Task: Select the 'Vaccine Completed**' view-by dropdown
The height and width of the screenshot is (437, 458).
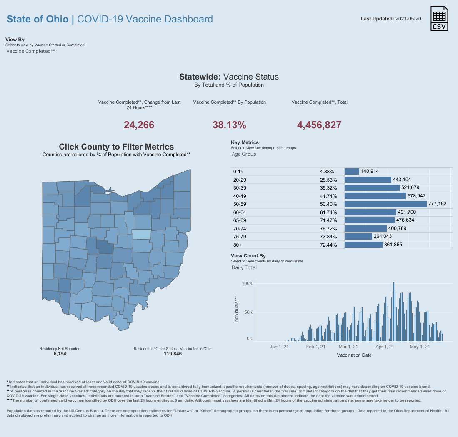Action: click(31, 51)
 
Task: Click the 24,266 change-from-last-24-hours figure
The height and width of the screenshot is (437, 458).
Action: click(139, 125)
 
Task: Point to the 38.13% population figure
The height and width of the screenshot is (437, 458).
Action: click(229, 125)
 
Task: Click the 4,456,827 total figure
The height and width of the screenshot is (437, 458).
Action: click(319, 125)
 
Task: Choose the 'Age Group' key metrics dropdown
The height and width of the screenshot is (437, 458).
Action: click(244, 154)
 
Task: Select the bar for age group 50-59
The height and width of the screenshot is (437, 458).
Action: click(386, 204)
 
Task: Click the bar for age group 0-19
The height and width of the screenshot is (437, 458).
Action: click(352, 172)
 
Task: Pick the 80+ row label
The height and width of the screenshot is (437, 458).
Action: click(238, 245)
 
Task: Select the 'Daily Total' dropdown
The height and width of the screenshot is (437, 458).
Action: click(244, 267)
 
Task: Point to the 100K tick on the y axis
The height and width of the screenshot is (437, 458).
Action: click(247, 283)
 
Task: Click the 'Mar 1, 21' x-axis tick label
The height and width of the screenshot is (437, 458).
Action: click(348, 347)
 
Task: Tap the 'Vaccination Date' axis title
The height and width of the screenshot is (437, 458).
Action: click(354, 355)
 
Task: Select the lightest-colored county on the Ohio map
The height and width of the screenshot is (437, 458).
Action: click(142, 234)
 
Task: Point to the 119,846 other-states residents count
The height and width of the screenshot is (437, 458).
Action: click(173, 354)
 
